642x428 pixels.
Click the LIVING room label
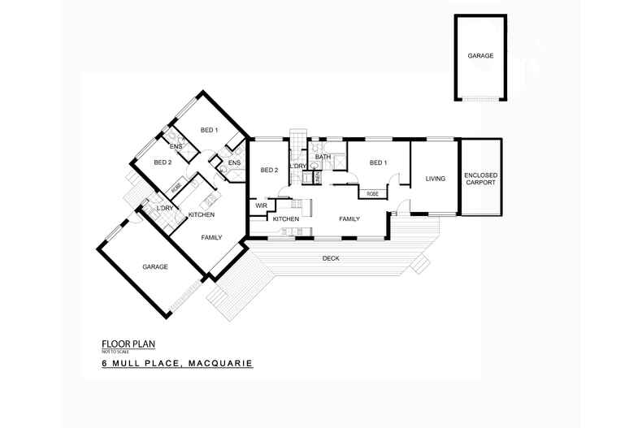coord(436,179)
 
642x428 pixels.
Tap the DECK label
coord(330,258)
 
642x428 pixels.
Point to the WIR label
coord(261,205)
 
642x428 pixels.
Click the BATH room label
coord(323,157)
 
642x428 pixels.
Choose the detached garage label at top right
coord(479,56)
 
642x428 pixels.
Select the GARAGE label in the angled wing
coord(154,266)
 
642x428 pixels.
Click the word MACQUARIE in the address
coord(220,364)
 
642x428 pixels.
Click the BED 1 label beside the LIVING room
coord(378,162)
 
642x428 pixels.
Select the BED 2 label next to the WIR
coord(269,170)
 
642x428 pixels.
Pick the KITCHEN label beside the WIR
coord(285,219)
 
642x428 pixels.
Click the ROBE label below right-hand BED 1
coord(372,193)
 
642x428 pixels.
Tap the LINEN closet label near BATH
coord(316,175)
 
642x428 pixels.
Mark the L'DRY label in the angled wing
coord(163,209)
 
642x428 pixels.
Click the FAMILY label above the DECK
coord(349,218)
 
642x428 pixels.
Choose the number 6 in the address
coord(104,364)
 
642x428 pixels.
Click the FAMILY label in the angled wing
coord(212,237)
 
